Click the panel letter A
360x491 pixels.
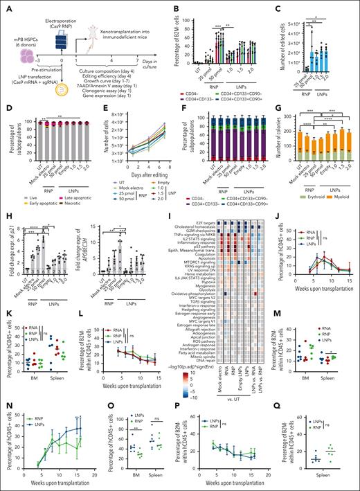pyautogui.click(x=5, y=5)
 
